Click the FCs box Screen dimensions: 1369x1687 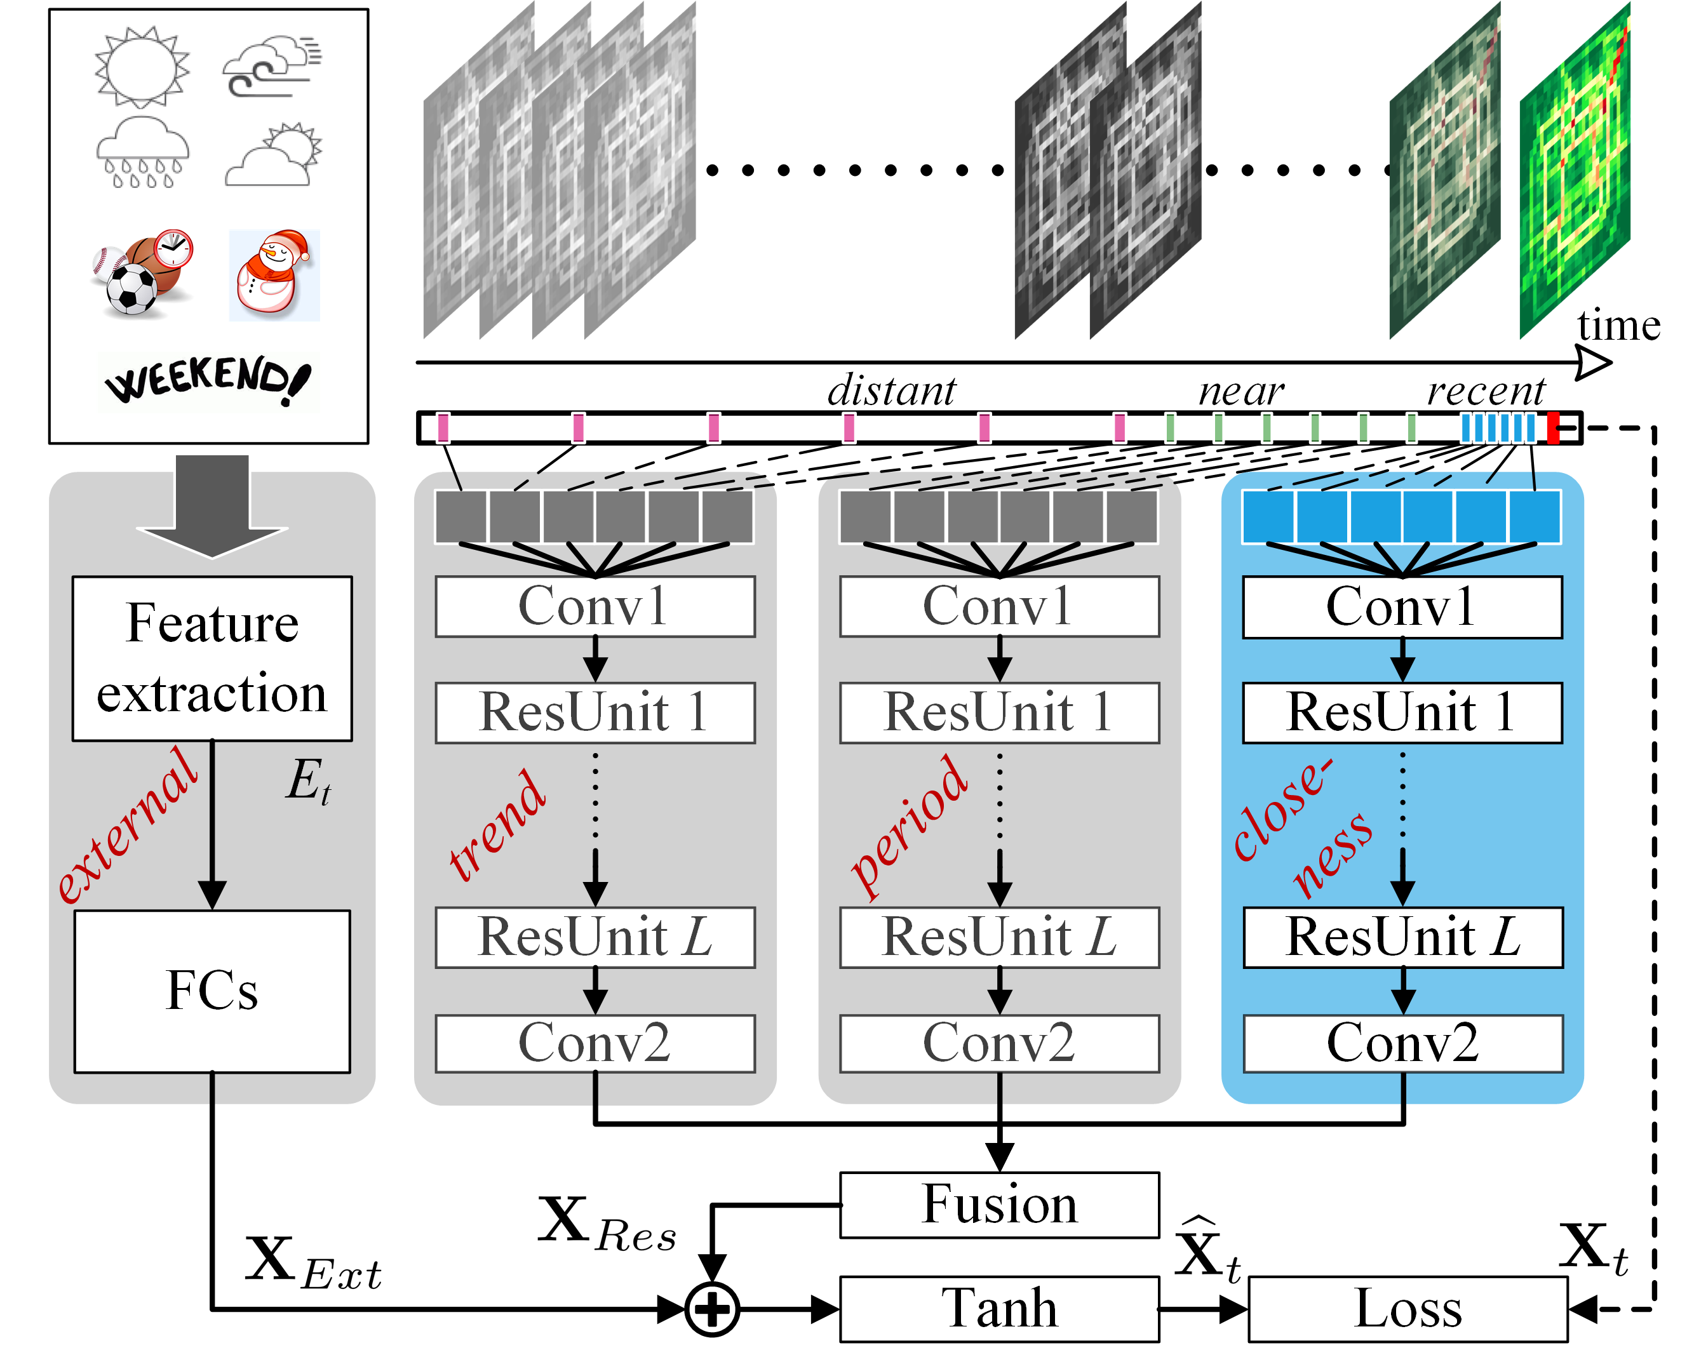(212, 991)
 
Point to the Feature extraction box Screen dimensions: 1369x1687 (212, 658)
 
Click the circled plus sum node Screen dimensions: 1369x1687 (711, 1310)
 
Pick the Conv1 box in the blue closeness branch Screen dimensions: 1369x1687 (1402, 606)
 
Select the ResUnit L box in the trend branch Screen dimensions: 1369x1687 (595, 937)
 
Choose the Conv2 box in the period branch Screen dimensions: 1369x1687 (998, 1043)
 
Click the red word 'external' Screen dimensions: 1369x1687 (126, 825)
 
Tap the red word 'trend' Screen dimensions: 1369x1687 (497, 825)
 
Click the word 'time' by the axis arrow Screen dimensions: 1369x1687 (1618, 325)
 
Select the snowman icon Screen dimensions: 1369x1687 (274, 274)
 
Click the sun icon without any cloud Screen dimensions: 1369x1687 (142, 67)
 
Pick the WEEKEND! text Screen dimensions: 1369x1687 (208, 380)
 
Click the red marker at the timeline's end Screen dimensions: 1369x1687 (1552, 427)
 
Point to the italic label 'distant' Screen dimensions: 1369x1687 (891, 391)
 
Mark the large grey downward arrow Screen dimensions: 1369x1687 (212, 505)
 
